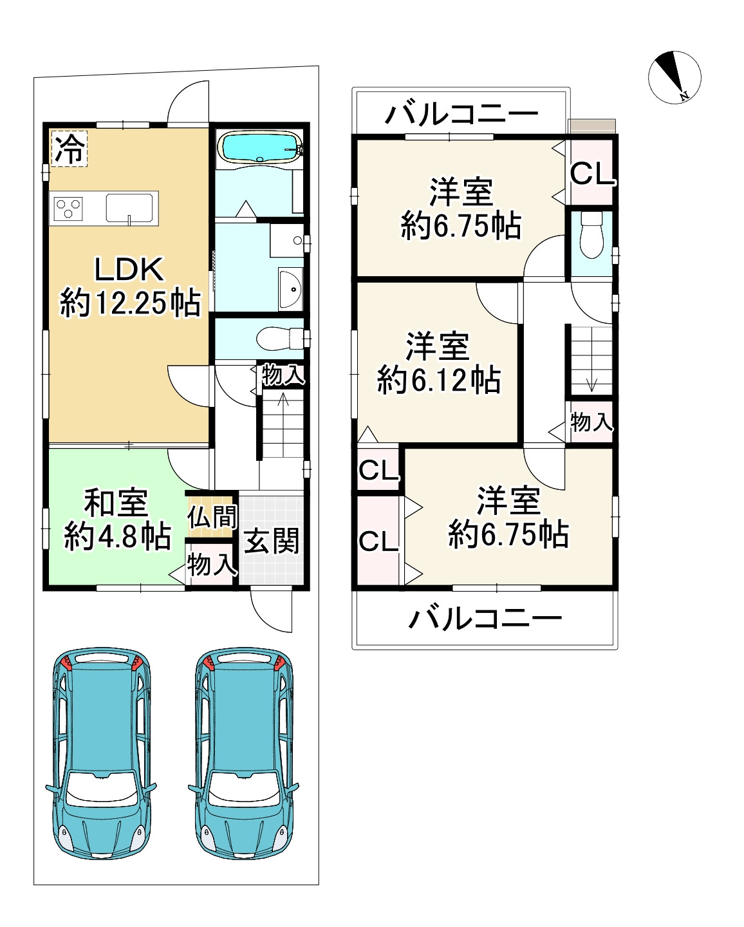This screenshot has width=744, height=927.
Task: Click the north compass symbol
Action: point(674,77)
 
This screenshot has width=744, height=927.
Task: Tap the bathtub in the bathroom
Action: point(261,147)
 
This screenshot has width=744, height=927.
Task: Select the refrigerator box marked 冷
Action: point(70,148)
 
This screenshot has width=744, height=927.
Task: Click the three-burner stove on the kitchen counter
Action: point(68,209)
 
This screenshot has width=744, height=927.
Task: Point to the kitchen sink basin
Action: point(129,208)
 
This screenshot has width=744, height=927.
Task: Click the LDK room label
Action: point(129,269)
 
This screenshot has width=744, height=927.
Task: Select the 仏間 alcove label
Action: point(212,516)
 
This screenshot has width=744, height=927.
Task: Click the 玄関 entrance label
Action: point(272,541)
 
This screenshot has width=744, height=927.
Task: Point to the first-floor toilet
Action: point(280,339)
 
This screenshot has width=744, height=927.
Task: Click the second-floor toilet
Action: point(591,235)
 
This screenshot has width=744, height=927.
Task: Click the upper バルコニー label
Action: point(461,114)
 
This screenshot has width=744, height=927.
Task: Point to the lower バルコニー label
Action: point(485,619)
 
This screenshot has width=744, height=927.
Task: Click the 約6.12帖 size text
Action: point(438,380)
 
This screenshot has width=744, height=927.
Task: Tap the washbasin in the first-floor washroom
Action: point(290,288)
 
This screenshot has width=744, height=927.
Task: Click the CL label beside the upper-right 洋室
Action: point(592,174)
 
